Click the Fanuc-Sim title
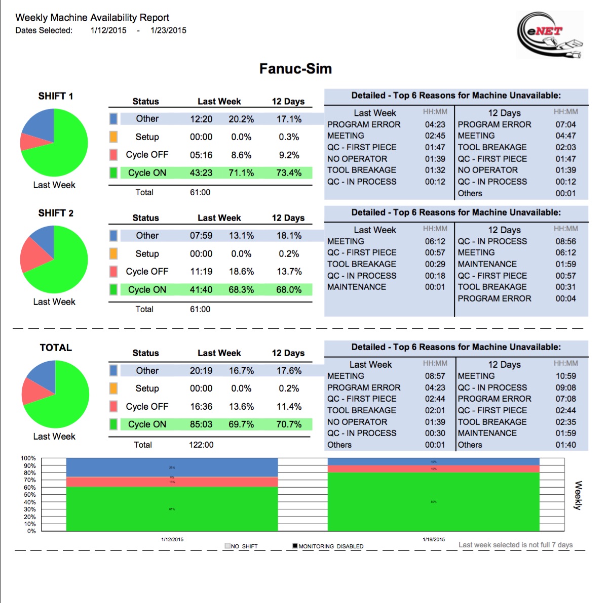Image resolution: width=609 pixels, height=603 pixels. pos(295,69)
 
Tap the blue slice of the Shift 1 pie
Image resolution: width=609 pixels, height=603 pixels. pos(39,124)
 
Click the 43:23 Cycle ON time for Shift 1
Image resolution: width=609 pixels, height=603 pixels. pos(201,173)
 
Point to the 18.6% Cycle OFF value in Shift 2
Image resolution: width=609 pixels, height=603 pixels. pos(241,272)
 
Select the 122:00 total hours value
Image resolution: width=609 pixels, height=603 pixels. pos(201,445)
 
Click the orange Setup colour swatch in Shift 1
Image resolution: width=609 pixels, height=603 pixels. pos(113,137)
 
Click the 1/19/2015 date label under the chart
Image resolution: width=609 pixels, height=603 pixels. pos(434,539)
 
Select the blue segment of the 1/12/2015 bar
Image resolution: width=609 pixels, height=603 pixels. pos(172,467)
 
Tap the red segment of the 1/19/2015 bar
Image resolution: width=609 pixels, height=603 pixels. pos(434,469)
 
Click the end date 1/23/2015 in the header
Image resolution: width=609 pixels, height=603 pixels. pos(168,30)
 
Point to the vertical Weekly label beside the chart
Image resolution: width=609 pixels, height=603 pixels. pos(578,495)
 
